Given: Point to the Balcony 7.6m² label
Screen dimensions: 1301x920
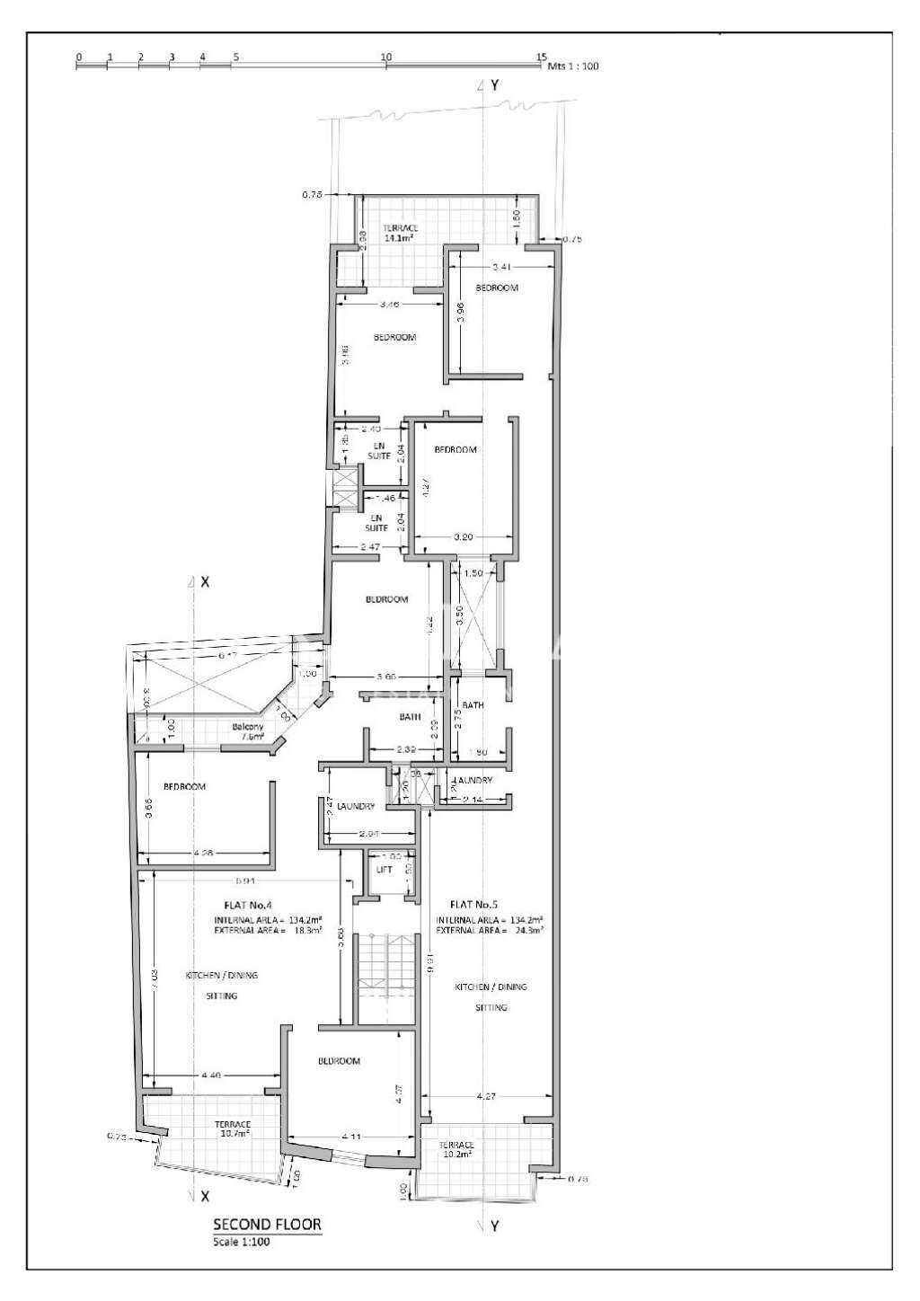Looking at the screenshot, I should point(247,731).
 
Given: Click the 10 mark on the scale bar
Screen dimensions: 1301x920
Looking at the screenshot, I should point(386,57).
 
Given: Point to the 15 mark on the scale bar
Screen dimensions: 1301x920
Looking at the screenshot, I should point(541,57).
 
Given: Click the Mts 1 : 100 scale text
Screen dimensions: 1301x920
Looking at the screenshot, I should point(573,66).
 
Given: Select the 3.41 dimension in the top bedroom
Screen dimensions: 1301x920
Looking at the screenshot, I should point(502,267).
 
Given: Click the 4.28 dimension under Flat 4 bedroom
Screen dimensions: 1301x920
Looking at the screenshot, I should point(204,853).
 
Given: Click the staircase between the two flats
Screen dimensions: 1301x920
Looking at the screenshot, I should point(385,975).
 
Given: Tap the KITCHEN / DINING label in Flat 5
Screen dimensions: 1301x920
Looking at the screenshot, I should point(491,987).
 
